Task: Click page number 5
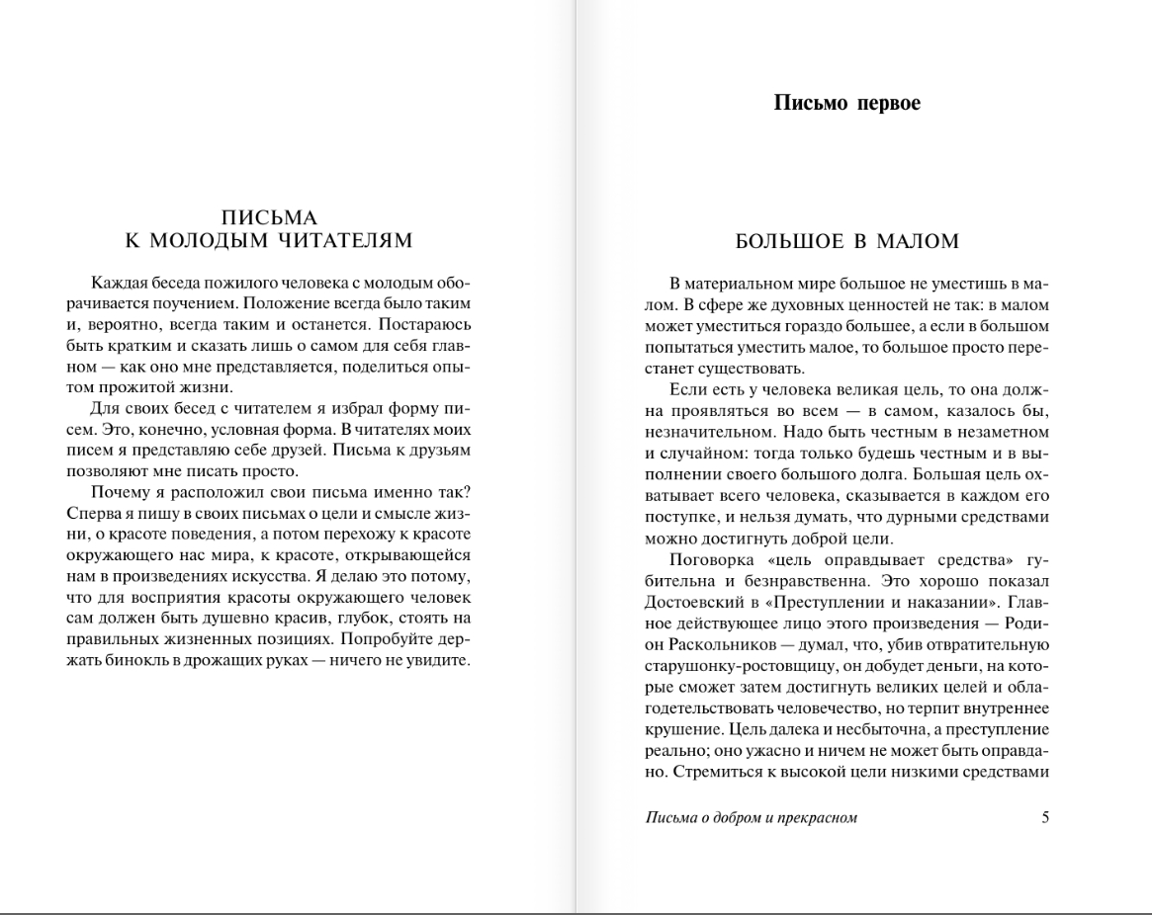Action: [1045, 817]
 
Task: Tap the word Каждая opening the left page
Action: [120, 284]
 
